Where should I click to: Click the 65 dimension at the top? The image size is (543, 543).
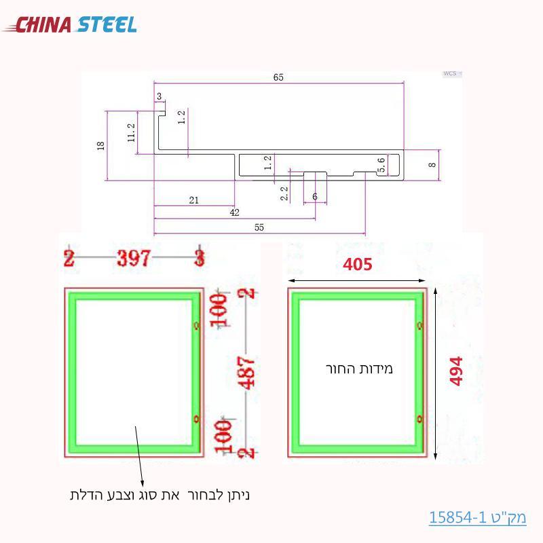[x=278, y=77]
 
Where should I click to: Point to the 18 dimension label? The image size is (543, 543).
[x=101, y=145]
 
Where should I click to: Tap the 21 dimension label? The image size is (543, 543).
[x=193, y=200]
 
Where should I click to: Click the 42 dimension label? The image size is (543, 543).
[x=234, y=212]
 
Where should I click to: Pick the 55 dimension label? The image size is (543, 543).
[x=259, y=228]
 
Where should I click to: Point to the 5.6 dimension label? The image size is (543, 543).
[x=381, y=164]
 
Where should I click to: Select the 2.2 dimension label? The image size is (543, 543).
[x=284, y=193]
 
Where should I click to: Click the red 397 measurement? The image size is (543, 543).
[x=134, y=259]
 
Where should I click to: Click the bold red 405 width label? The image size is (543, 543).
[x=357, y=263]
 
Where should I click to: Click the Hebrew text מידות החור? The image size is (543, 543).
[x=359, y=369]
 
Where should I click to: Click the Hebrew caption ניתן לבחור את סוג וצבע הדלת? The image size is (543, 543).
[x=160, y=494]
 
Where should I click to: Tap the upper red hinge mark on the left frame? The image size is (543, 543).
[x=197, y=326]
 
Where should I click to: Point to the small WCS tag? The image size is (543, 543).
[x=449, y=73]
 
